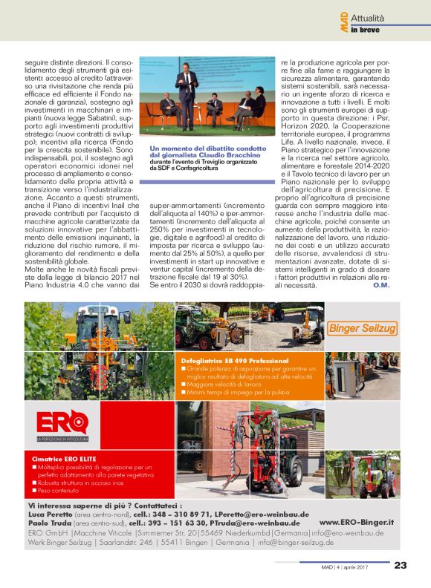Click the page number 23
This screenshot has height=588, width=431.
400,565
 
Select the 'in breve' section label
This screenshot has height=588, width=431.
366,30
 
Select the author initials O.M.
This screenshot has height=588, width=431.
382,285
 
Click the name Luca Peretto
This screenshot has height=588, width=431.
45,514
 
